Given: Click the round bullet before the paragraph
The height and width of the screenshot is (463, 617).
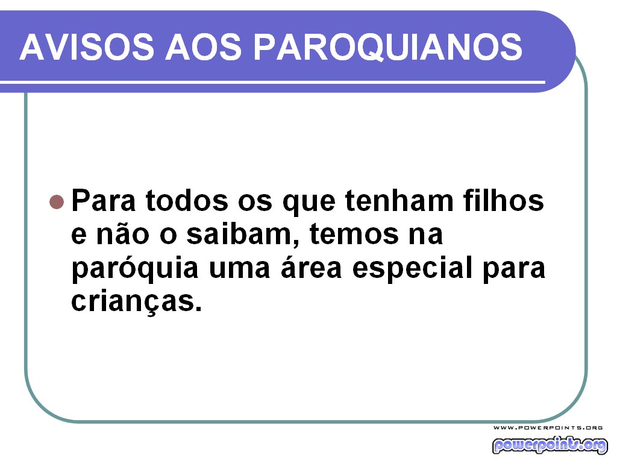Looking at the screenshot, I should tap(56, 201).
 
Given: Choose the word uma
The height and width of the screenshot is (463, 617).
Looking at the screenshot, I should tap(237, 269).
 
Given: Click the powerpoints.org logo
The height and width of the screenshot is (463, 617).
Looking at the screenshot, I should tap(549, 445).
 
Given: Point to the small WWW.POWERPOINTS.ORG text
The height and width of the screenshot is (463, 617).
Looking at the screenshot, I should tap(548, 427).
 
